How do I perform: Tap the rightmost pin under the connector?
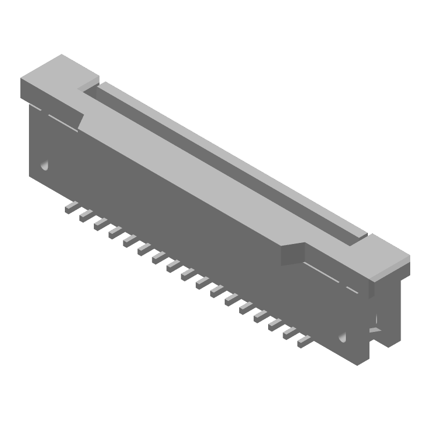coord(305,341)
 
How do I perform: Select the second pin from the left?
coord(86,216)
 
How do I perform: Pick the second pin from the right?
coord(290,333)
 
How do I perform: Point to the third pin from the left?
coord(100,224)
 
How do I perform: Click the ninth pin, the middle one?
coord(188,274)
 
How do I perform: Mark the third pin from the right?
coord(276,324)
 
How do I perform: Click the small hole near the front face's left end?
coord(45,164)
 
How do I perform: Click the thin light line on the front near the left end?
coord(59,120)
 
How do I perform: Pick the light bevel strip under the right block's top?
coord(386,271)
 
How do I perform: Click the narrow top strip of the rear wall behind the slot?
coord(231,156)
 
